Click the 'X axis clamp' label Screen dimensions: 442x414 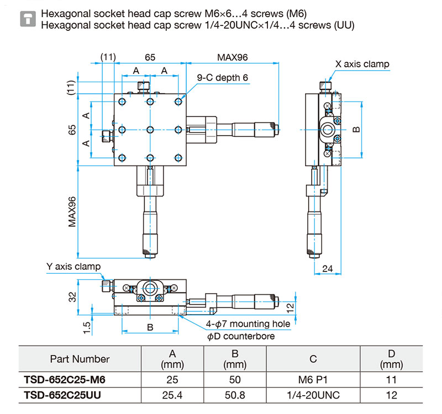coord(362,64)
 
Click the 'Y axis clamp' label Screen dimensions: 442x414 coord(73,267)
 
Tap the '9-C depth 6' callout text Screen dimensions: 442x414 coord(223,78)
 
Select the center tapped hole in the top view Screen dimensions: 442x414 coord(150,130)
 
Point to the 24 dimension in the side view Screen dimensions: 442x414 coord(328,268)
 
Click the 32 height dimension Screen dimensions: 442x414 coord(72,297)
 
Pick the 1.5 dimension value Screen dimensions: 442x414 coord(87,328)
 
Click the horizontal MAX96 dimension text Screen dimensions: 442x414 coord(232,57)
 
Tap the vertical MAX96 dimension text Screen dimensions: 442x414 coord(72,212)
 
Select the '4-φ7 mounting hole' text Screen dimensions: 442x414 coord(248,324)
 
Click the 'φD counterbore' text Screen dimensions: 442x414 coord(241,336)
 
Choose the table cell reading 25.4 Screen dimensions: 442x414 coord(172,395)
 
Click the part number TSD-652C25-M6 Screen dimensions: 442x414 coord(65,380)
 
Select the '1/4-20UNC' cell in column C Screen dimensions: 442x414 coord(313,395)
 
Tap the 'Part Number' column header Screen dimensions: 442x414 coord(80,359)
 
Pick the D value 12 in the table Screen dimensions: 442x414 coord(391,395)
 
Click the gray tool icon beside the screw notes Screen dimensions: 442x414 coord(28,19)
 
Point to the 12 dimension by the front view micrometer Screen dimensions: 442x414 coord(290,308)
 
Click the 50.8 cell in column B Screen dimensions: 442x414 coord(235,395)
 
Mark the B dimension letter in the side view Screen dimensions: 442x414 coord(356,130)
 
